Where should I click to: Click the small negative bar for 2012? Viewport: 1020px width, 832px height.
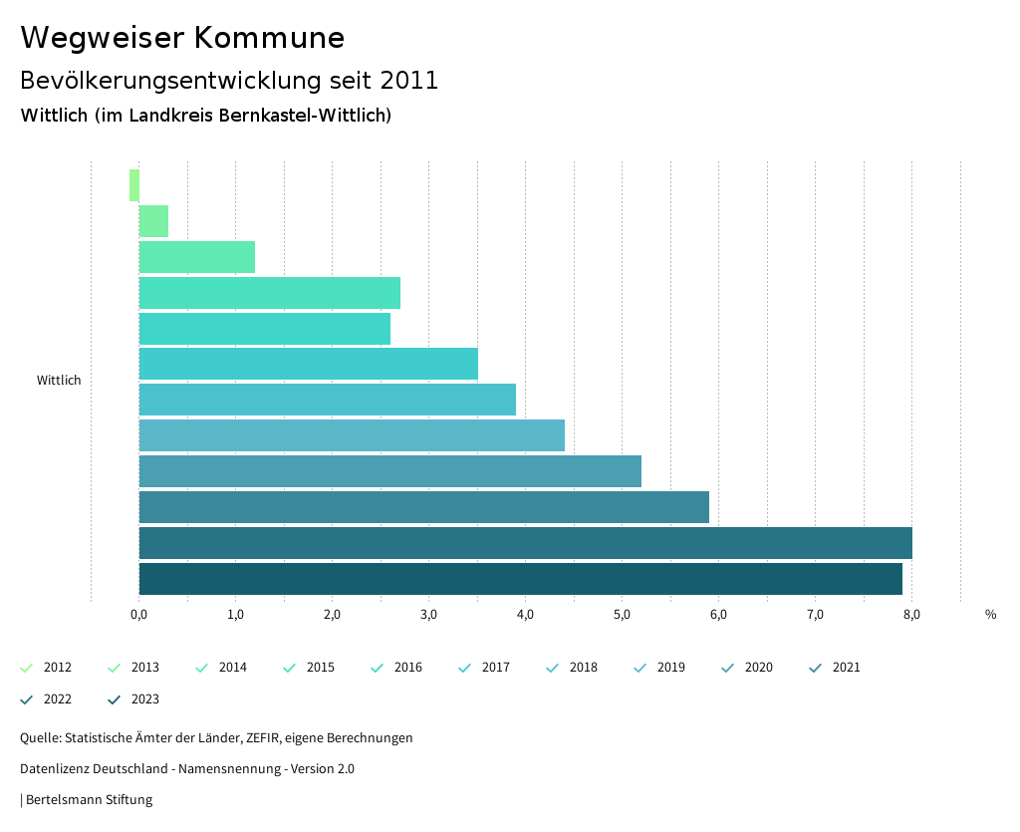pos(134,185)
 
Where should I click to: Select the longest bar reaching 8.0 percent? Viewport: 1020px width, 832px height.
pos(525,543)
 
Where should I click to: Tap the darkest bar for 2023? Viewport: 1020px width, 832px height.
pos(520,579)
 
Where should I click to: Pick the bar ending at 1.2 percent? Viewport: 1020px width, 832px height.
pos(196,257)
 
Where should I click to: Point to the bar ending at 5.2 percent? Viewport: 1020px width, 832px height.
pos(389,471)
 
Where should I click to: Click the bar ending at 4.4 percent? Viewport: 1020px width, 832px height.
pos(352,435)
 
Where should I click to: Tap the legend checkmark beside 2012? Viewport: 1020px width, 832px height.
pos(27,668)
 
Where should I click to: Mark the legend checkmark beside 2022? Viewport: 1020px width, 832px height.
pos(27,699)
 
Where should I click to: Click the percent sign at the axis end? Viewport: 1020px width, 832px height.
pos(990,615)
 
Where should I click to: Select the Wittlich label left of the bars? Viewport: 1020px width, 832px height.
pos(59,381)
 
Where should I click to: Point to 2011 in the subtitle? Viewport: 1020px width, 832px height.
pos(409,81)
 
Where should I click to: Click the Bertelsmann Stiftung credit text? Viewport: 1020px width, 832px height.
pos(89,799)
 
